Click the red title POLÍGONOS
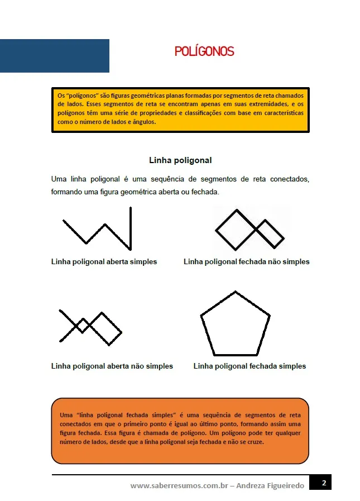(204, 52)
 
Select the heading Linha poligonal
(180, 160)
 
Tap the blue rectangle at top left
(54, 56)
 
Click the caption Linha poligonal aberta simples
(104, 261)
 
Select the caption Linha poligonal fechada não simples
(246, 261)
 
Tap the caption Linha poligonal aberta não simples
(112, 366)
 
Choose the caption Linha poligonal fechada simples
(249, 366)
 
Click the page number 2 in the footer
(323, 483)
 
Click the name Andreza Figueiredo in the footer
(270, 486)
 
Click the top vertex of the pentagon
(236, 292)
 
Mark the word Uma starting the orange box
(66, 415)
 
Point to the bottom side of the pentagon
(235, 355)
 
